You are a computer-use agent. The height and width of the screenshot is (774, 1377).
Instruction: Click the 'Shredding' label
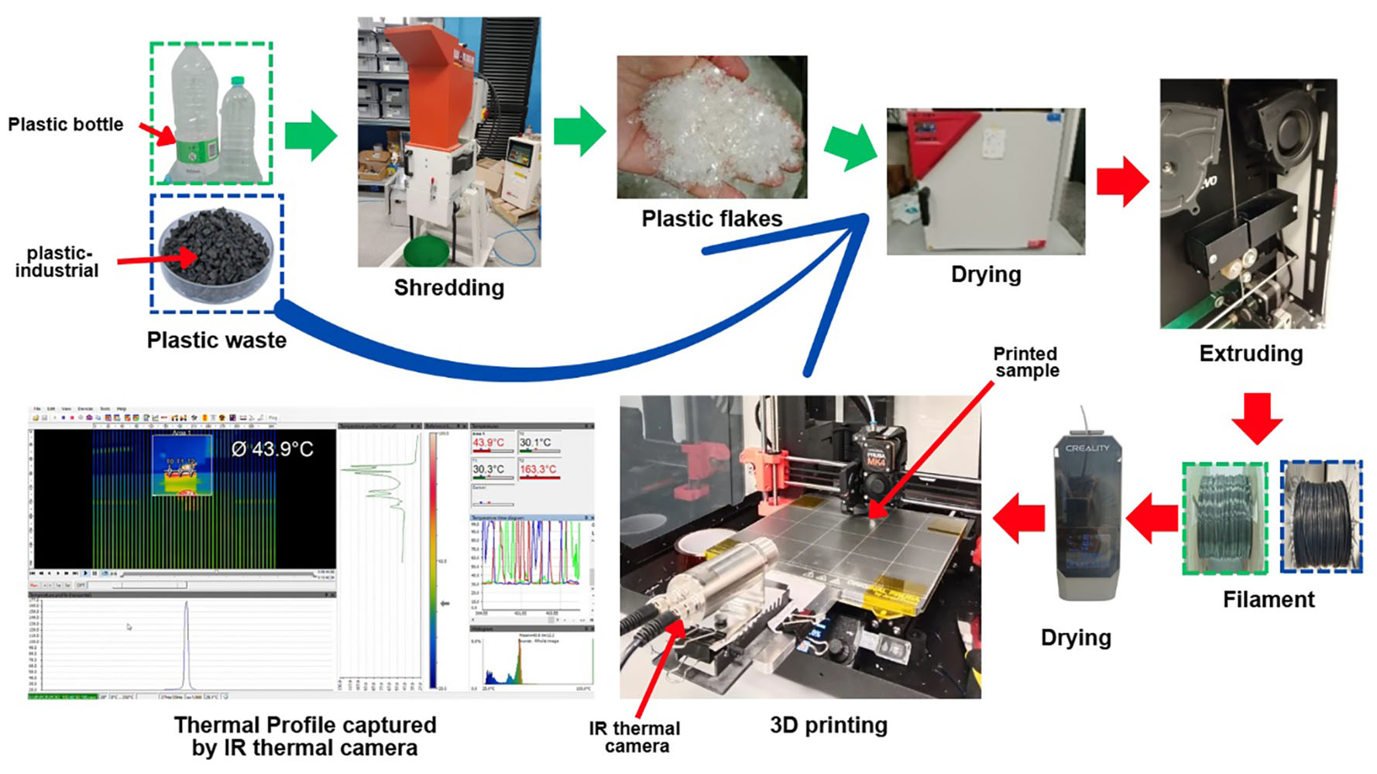[x=448, y=288]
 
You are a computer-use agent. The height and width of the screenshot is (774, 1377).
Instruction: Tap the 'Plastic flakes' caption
[x=711, y=219]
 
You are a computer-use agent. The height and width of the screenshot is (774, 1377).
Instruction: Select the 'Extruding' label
[x=1250, y=354]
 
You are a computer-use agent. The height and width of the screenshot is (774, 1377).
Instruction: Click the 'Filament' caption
[x=1268, y=599]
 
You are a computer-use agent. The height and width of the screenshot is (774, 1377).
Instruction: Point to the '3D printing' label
[x=828, y=725]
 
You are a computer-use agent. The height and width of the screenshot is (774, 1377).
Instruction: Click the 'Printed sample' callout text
[x=1026, y=361]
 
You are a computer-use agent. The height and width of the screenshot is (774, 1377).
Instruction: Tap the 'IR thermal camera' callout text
[x=634, y=737]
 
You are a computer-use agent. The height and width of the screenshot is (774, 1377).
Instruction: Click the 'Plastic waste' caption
[x=216, y=340]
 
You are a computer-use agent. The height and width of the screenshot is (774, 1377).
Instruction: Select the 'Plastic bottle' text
[x=65, y=125]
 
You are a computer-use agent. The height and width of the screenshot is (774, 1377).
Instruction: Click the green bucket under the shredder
[x=425, y=251]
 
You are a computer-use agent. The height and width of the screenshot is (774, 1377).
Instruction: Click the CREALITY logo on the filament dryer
[x=1087, y=448]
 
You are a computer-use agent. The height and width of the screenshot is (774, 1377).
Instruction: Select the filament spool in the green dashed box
[x=1224, y=518]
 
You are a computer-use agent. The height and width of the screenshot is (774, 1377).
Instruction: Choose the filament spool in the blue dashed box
[x=1321, y=516]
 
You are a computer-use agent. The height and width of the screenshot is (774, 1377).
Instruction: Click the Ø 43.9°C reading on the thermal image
[x=272, y=449]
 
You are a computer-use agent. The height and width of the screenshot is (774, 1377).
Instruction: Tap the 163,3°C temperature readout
[x=537, y=469]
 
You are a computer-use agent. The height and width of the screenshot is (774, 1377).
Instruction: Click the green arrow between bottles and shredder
[x=311, y=136]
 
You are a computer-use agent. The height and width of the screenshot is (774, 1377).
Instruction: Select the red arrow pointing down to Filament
[x=1255, y=417]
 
